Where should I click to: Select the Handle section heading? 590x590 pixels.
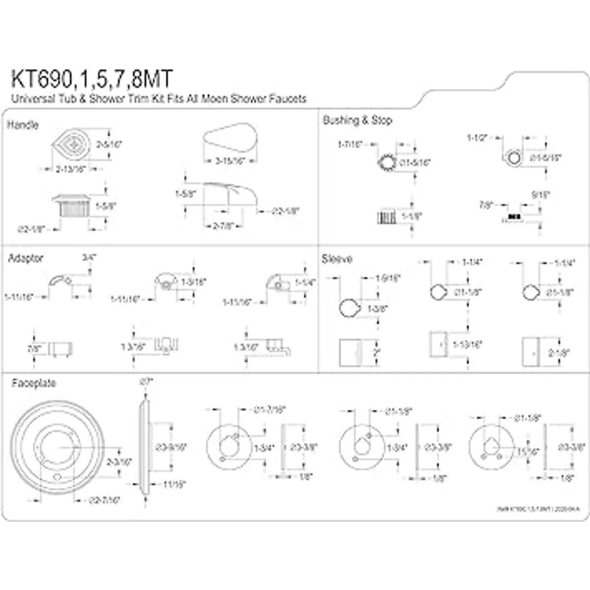[x=23, y=125]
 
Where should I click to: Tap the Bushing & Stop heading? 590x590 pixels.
[x=357, y=120]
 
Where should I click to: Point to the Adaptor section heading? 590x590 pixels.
[x=26, y=258]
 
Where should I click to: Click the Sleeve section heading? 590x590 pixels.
[x=337, y=259]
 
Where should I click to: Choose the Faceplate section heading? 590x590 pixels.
[x=34, y=383]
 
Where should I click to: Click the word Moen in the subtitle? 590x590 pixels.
[x=228, y=99]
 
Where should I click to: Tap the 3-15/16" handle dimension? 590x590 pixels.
[x=230, y=161]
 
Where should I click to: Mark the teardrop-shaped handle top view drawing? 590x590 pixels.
[x=71, y=144]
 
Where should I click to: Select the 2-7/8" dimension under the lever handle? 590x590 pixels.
[x=222, y=226]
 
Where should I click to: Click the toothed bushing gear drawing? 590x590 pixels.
[x=385, y=162]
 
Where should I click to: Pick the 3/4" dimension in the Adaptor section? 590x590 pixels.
[x=89, y=257]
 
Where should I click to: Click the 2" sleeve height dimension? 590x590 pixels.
[x=377, y=353]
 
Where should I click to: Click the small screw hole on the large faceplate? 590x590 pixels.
[x=58, y=478]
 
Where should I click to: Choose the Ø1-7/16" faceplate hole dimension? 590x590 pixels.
[x=269, y=410]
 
